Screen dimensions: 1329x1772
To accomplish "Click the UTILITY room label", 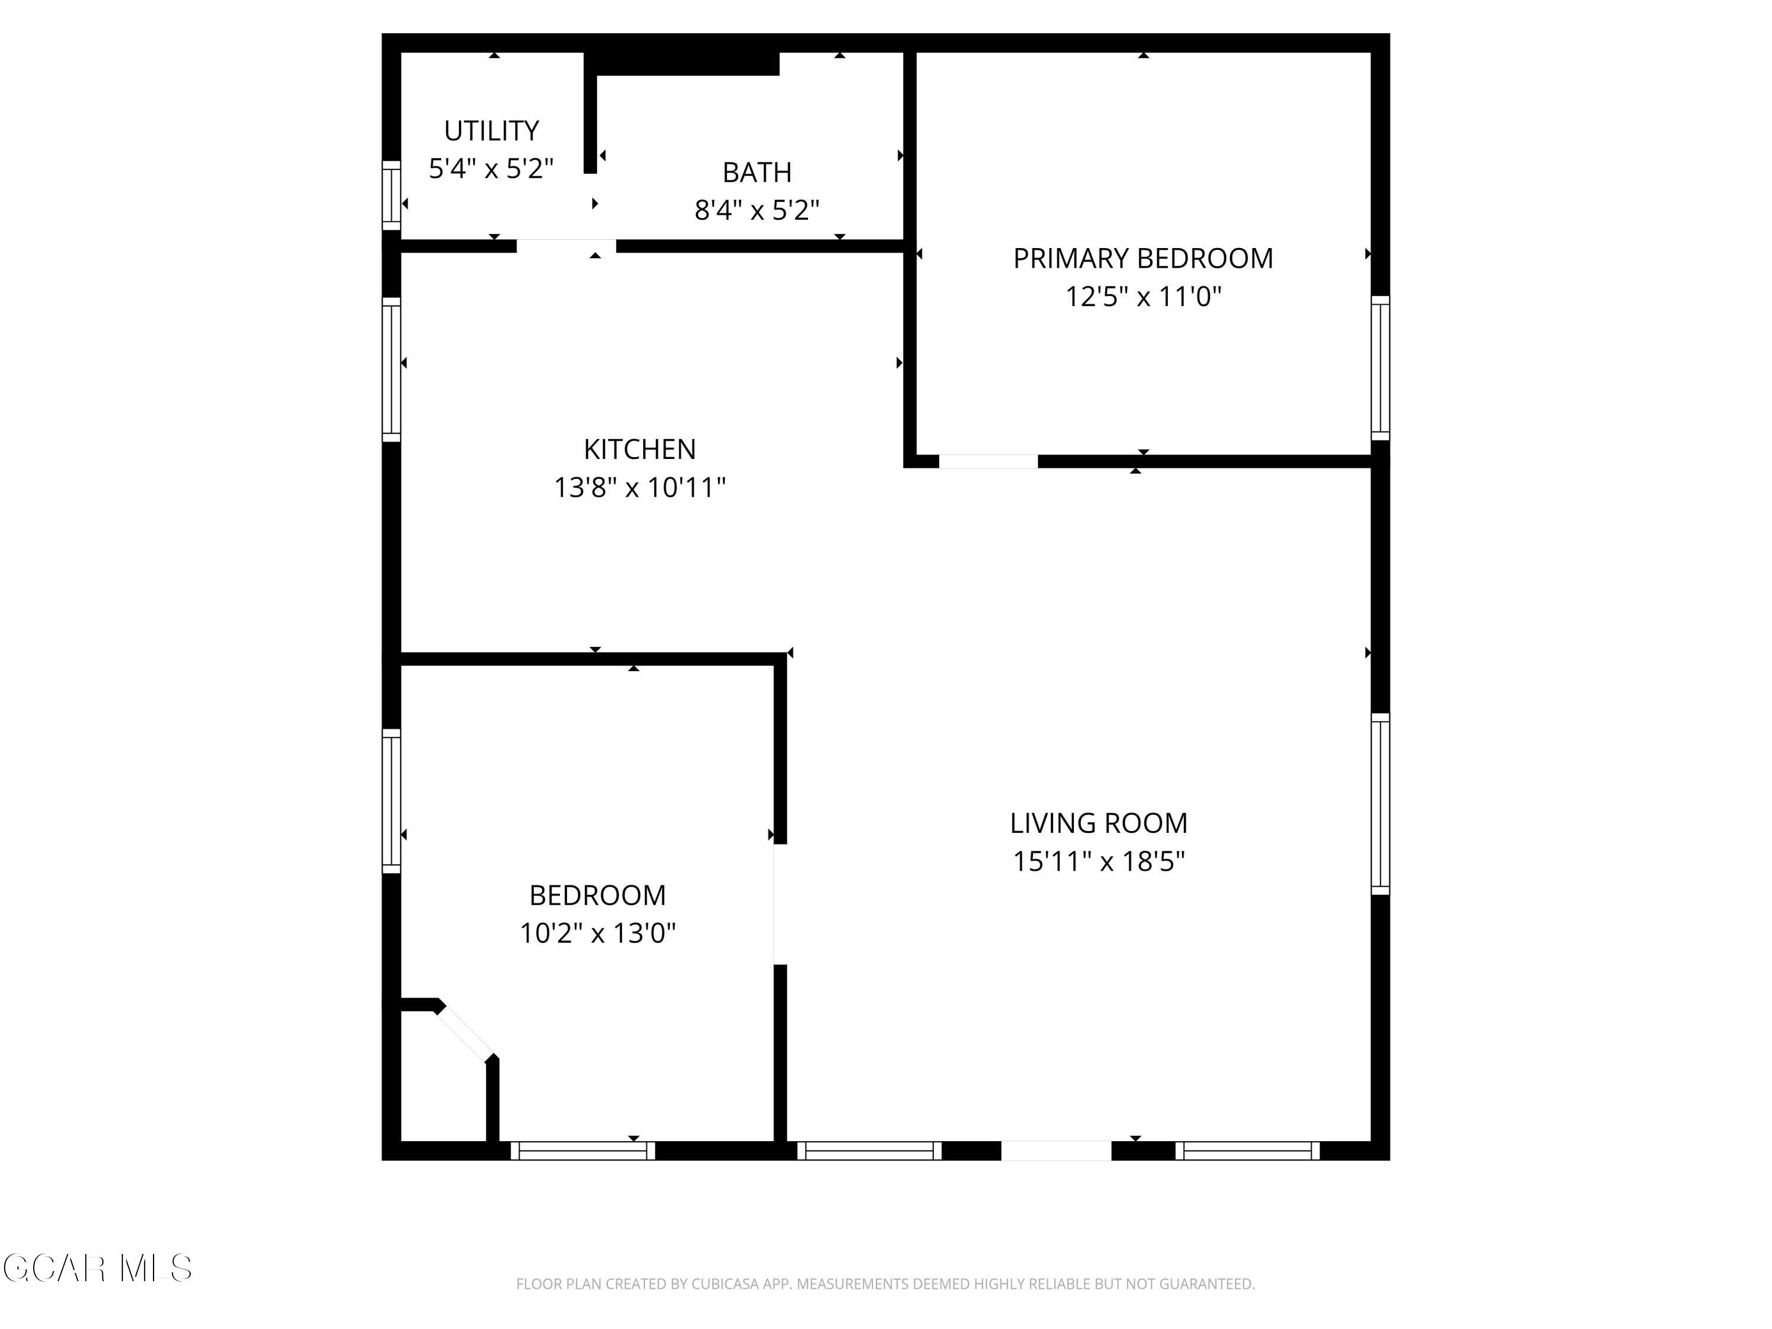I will point(491,131).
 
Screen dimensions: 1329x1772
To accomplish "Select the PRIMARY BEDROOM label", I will point(1142,259).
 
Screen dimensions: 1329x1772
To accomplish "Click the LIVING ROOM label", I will point(1097,823).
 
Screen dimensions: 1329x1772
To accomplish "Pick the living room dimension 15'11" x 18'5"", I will point(1097,862).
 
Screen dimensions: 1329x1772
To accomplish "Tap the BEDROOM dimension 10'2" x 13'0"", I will point(598,933).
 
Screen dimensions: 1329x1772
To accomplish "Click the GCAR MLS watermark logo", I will point(97,1268).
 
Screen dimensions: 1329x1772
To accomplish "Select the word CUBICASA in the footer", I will point(725,1284).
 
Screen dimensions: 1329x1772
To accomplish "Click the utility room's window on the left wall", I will point(391,195).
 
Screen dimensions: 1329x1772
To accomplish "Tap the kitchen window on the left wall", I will point(391,369).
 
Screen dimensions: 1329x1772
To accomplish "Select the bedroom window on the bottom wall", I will point(582,1151).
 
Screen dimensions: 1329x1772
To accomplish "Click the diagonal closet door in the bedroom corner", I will point(465,1034).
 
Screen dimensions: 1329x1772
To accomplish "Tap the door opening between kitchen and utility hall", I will point(566,246).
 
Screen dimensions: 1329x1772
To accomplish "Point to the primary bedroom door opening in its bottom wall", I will point(988,461).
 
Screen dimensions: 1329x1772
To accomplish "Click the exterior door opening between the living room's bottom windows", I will point(1056,1151).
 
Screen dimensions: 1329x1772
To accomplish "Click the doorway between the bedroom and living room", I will point(780,904).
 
